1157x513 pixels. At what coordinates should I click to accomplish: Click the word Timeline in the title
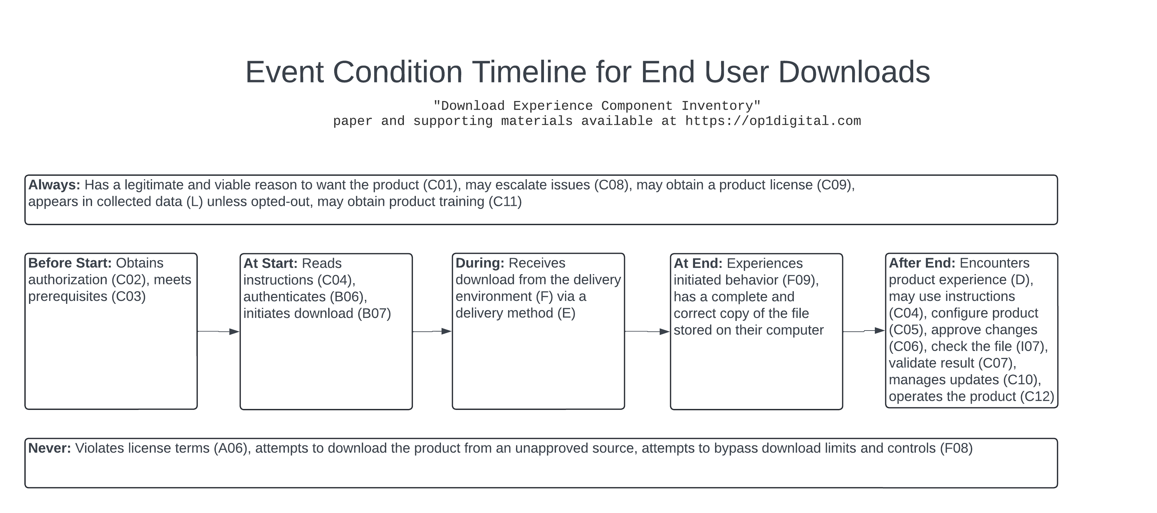click(x=529, y=72)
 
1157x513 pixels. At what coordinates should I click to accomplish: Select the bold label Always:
click(x=54, y=185)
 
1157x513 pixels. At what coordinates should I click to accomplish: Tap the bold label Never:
click(x=49, y=448)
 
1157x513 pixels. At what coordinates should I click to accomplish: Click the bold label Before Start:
click(x=70, y=263)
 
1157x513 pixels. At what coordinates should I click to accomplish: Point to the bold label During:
click(x=480, y=263)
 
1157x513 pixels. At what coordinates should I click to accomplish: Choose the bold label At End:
click(x=697, y=263)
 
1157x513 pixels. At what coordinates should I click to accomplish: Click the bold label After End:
click(x=922, y=263)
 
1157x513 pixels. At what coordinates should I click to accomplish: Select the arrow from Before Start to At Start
click(x=218, y=332)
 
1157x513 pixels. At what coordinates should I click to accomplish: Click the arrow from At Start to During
click(x=432, y=332)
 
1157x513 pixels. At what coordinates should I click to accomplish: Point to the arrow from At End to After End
click(x=863, y=331)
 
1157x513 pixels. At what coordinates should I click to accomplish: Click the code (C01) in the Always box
click(x=440, y=185)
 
